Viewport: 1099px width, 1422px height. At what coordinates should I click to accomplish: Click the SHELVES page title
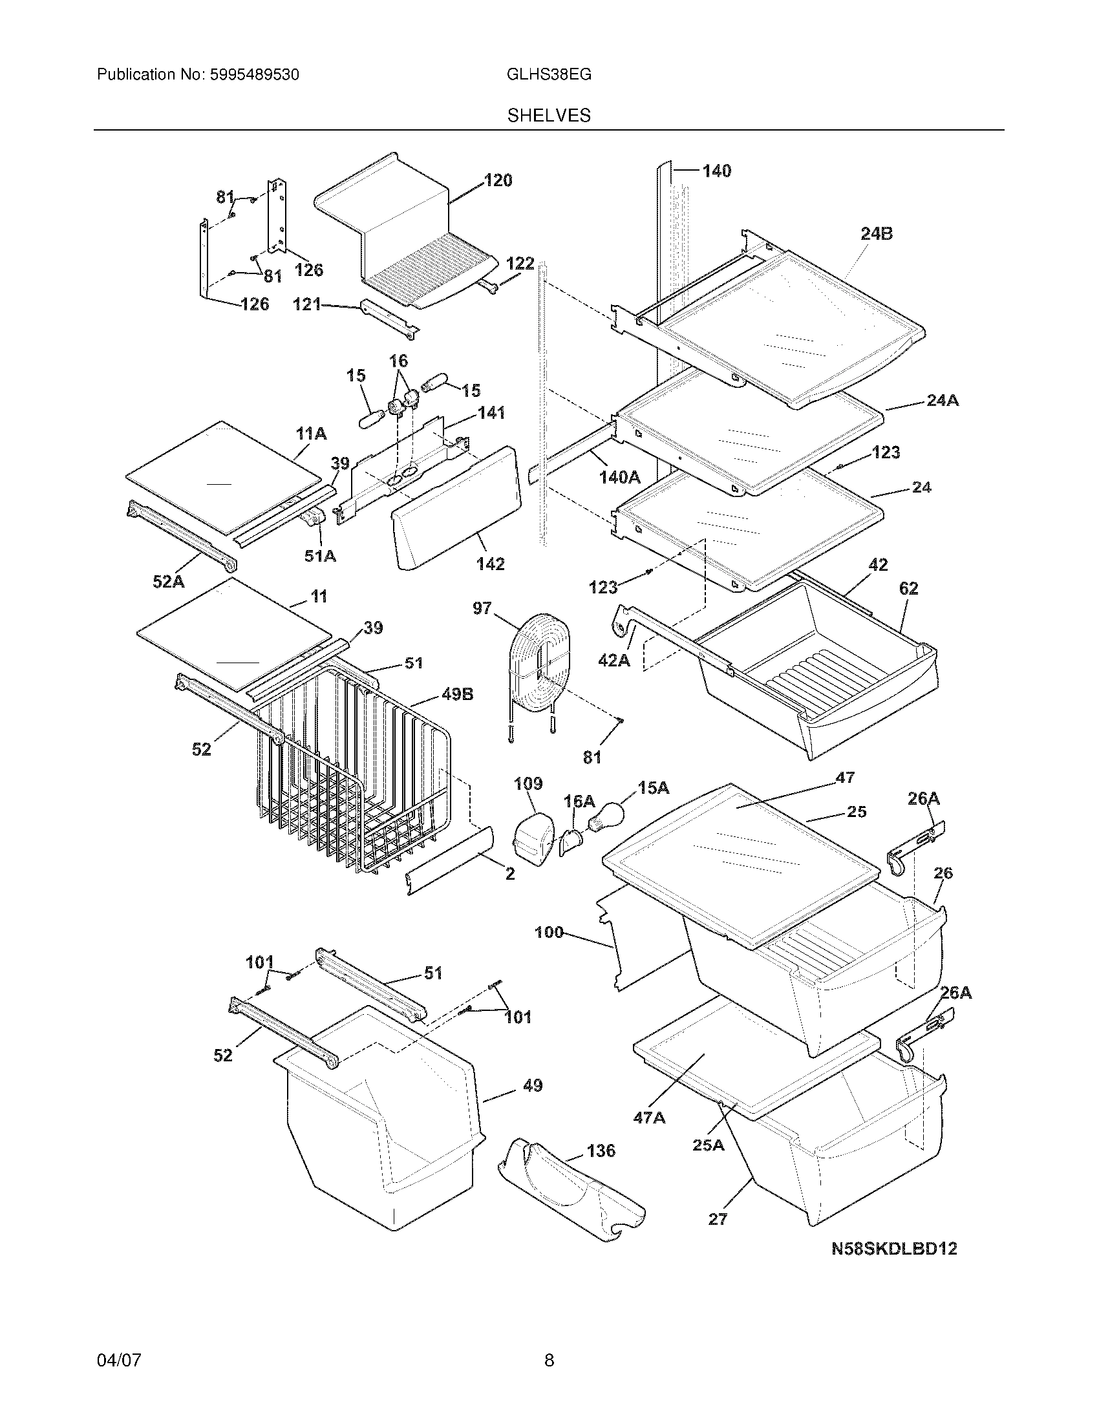point(549,115)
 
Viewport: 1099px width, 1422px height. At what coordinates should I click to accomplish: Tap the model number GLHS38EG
point(549,74)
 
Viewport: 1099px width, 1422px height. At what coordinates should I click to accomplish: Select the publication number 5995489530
point(254,74)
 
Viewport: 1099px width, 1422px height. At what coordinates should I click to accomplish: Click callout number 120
point(498,180)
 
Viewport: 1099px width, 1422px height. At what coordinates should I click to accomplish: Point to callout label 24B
point(877,233)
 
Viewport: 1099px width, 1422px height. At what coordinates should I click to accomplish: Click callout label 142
point(490,564)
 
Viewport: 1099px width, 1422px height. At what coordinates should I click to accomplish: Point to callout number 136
point(601,1151)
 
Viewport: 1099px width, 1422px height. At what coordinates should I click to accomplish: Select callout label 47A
point(649,1118)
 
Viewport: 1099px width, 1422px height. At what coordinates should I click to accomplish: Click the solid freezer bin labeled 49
point(384,1133)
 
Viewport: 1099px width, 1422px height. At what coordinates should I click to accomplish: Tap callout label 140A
point(619,477)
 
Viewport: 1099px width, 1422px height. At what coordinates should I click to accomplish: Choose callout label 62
point(908,588)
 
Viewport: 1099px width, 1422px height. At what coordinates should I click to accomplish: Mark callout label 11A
point(311,434)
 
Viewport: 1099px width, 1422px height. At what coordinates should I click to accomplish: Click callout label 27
point(718,1219)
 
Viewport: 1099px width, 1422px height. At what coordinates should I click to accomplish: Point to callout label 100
point(549,932)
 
